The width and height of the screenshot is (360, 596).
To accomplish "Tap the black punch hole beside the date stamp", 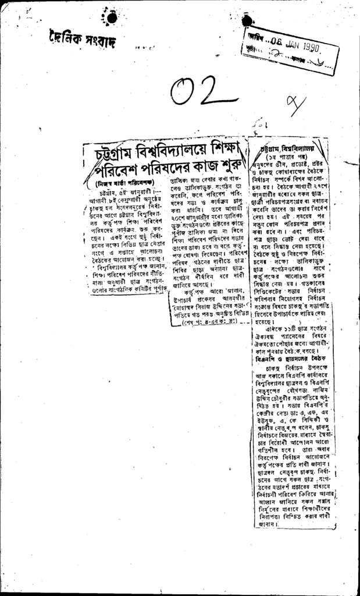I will point(247,22).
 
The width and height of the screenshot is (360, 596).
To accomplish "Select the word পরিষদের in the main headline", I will point(161,173).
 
